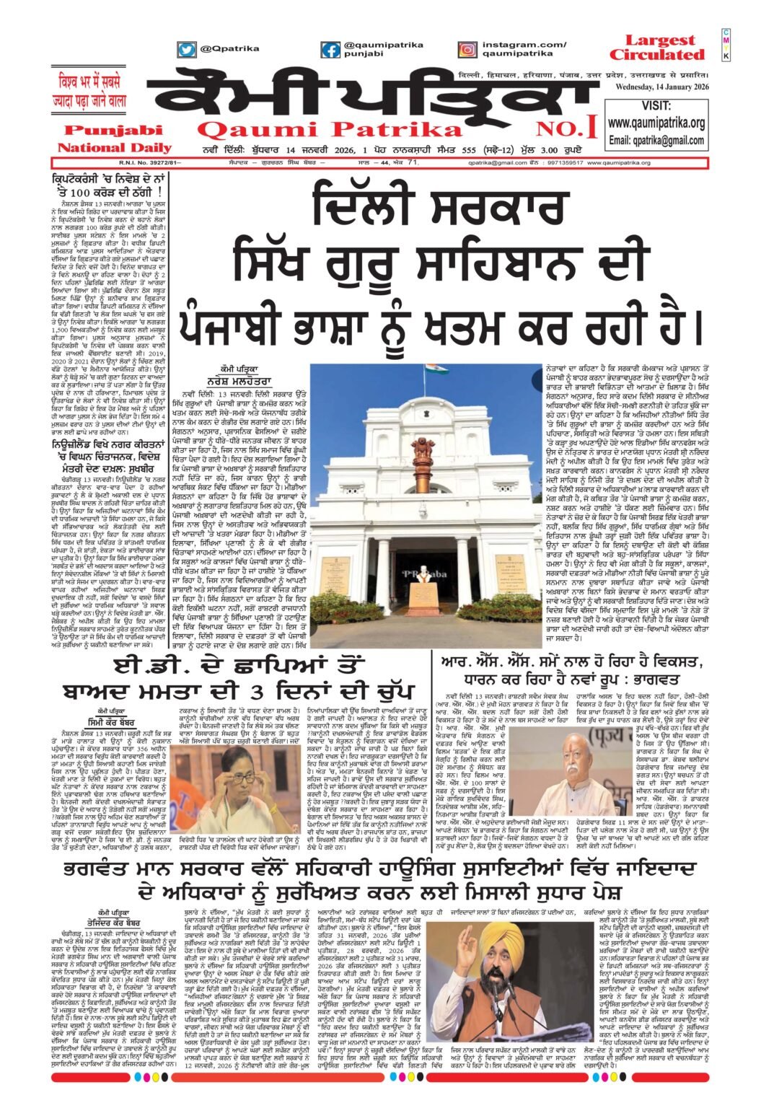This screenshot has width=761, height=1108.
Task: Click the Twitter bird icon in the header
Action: coord(187,50)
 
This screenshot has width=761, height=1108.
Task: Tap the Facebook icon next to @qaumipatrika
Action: coord(331,50)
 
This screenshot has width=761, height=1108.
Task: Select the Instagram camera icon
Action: coord(468,50)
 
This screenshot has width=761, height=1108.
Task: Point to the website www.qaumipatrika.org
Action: coord(656,123)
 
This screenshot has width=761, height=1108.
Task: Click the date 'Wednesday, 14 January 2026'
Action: coord(661,88)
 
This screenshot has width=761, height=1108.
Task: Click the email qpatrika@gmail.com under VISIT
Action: coord(656,140)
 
